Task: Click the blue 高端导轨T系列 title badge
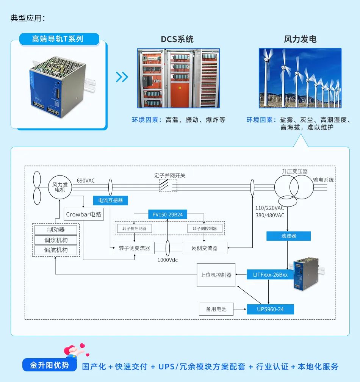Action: click(x=58, y=39)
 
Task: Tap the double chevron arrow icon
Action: click(x=122, y=77)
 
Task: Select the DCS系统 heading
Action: click(x=177, y=39)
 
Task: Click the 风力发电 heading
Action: click(x=300, y=39)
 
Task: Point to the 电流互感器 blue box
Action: click(x=111, y=200)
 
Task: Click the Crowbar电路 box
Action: click(x=84, y=214)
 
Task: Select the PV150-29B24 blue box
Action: click(x=167, y=214)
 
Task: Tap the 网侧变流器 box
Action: click(x=205, y=248)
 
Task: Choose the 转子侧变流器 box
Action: click(x=135, y=248)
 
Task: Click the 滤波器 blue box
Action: click(x=288, y=236)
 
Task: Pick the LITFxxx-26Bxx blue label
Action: click(x=270, y=274)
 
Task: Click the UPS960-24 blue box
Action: click(x=270, y=309)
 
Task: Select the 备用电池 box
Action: click(x=216, y=309)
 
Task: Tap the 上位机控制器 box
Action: click(x=216, y=275)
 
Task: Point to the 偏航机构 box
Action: click(x=56, y=250)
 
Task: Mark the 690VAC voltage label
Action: click(x=86, y=180)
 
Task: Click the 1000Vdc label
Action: click(x=167, y=260)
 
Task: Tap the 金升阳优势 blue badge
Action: click(x=50, y=365)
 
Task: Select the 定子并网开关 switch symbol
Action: click(x=168, y=186)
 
